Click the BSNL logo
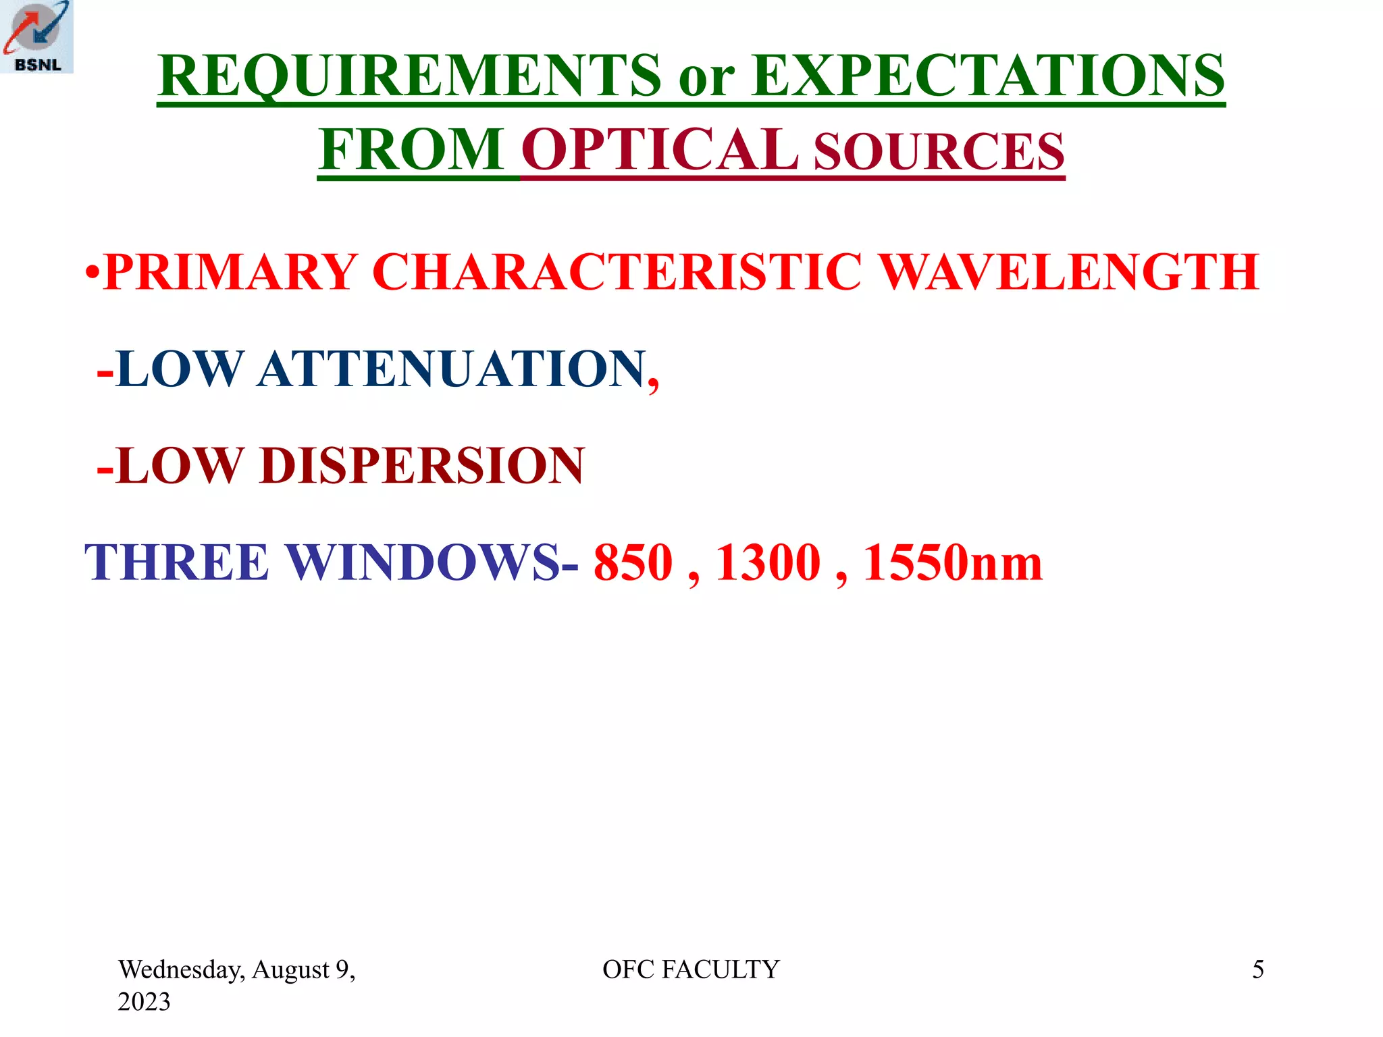[x=36, y=36]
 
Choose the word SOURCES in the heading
[x=939, y=152]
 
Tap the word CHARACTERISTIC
[x=617, y=271]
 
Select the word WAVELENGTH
[x=1070, y=271]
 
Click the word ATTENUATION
[x=451, y=369]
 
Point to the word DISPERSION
[x=422, y=466]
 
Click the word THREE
[x=177, y=562]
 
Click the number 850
[x=633, y=562]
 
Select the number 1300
[x=768, y=562]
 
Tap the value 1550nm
[x=953, y=562]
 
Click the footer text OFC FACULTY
[x=691, y=969]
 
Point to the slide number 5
[x=1258, y=969]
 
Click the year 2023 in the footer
[x=144, y=1002]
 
